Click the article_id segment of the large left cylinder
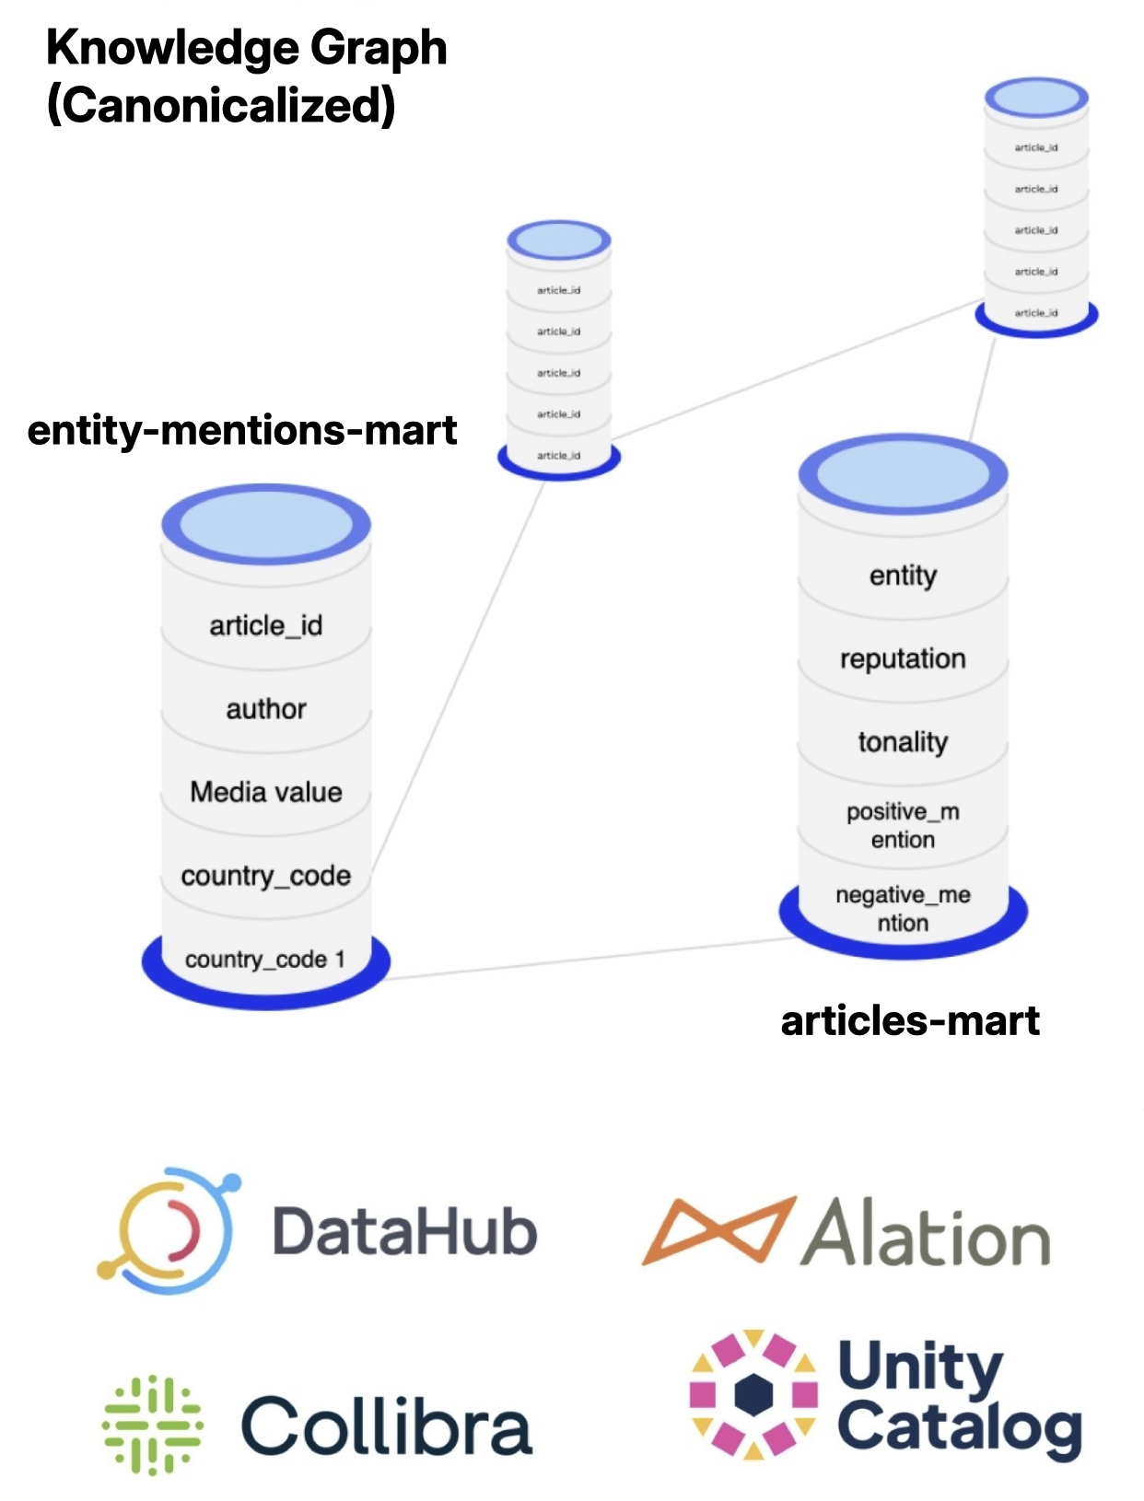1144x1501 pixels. point(265,626)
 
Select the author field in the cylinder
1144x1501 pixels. point(265,709)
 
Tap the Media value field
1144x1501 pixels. point(265,792)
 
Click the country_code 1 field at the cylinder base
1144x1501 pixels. point(265,960)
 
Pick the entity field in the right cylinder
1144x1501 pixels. point(903,576)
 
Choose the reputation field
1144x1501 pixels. point(903,658)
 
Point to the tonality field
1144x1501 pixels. point(903,742)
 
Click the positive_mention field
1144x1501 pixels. point(903,825)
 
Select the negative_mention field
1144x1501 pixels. point(903,909)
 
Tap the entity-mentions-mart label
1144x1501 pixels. point(242,430)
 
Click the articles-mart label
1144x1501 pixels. point(910,1020)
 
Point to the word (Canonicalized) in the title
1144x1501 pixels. point(221,104)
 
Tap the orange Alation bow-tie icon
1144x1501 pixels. point(718,1230)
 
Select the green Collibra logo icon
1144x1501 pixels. point(152,1425)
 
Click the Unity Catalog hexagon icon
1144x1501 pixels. point(753,1394)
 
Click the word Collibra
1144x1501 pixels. point(387,1425)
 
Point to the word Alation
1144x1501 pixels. point(926,1234)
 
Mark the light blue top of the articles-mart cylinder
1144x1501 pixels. point(903,475)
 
